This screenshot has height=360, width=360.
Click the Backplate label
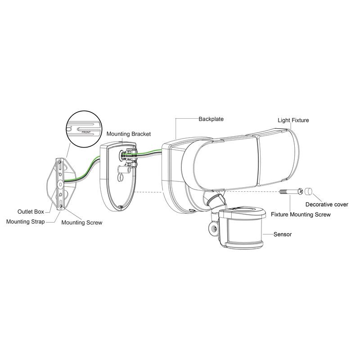point(211,119)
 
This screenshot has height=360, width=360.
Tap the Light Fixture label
point(293,120)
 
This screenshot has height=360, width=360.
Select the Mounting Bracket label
point(129,134)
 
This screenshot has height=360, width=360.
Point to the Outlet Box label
point(31,211)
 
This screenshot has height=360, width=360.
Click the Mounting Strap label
point(26,222)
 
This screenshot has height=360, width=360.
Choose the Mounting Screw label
point(82,222)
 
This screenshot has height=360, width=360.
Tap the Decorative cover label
point(327,204)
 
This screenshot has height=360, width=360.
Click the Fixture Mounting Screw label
point(301,215)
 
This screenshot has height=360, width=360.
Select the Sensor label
point(283,234)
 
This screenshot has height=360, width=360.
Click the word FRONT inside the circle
point(86,132)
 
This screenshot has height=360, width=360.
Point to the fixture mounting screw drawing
point(291,191)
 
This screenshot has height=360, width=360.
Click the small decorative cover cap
point(309,191)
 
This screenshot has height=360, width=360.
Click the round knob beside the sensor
point(214,229)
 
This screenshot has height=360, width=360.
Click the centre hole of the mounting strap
point(61,184)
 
